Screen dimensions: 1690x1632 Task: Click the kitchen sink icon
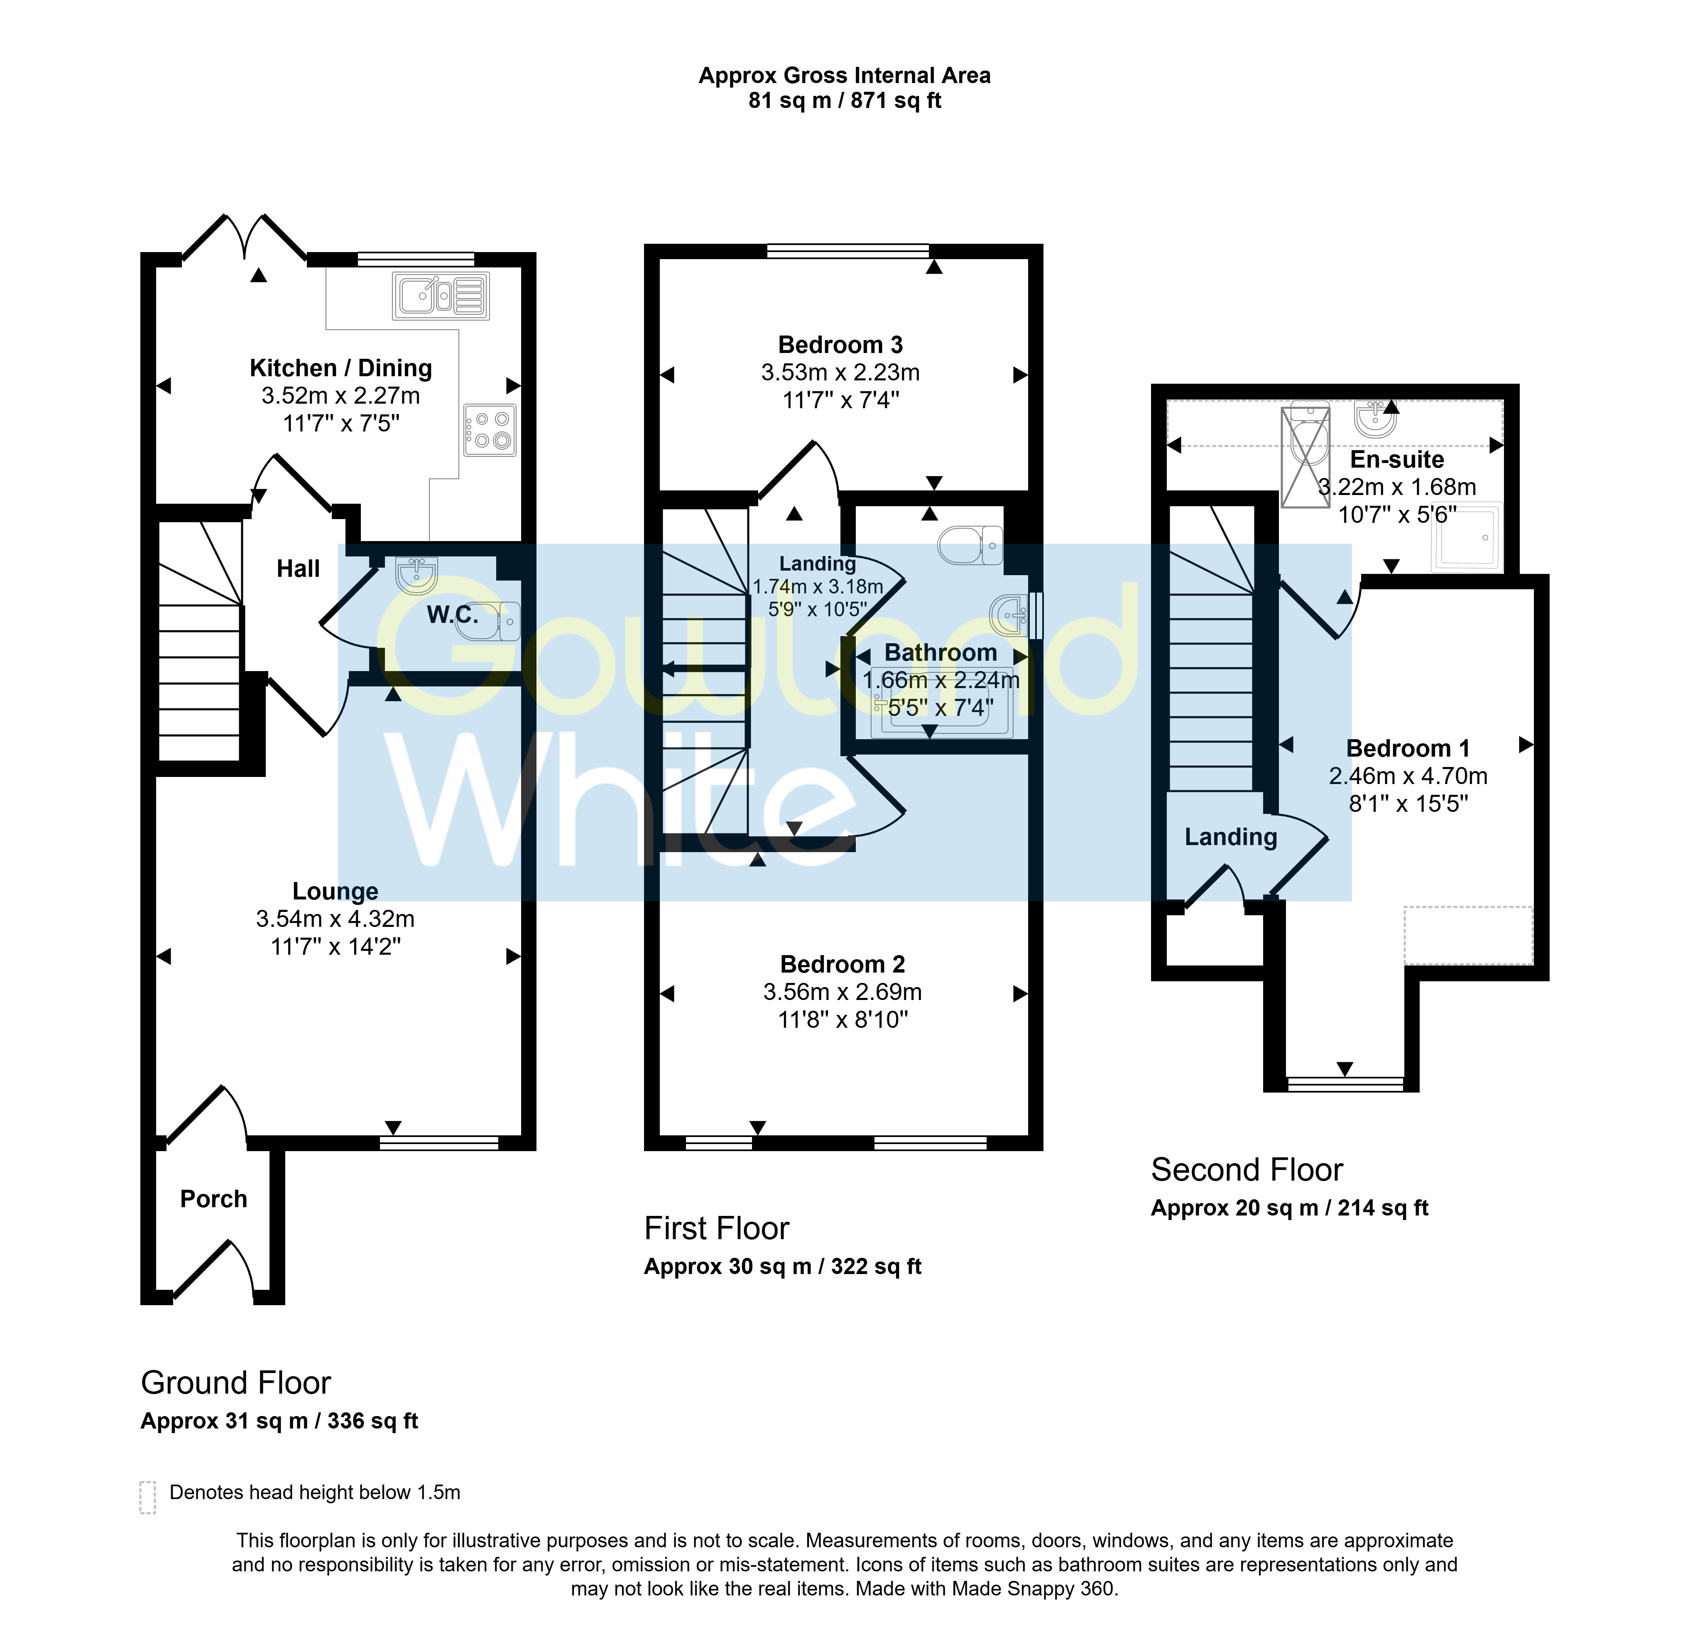(x=441, y=296)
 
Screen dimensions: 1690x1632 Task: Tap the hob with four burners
(x=490, y=430)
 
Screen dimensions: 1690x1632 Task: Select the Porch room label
(x=214, y=1199)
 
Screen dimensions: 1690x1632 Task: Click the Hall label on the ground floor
(x=298, y=569)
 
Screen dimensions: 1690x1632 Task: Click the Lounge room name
(x=336, y=892)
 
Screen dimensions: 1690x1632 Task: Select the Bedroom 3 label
(x=841, y=345)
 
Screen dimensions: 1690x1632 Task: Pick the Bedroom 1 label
(x=1408, y=748)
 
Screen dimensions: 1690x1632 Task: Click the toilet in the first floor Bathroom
(x=970, y=545)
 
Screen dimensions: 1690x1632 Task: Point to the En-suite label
(x=1397, y=460)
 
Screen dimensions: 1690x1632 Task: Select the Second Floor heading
(x=1247, y=1170)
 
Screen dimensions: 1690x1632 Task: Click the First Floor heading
(x=717, y=1228)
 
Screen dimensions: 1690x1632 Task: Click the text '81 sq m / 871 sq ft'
(x=845, y=101)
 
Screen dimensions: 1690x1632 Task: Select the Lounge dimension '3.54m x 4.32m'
(x=336, y=919)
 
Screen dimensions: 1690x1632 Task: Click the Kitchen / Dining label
(x=340, y=368)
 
